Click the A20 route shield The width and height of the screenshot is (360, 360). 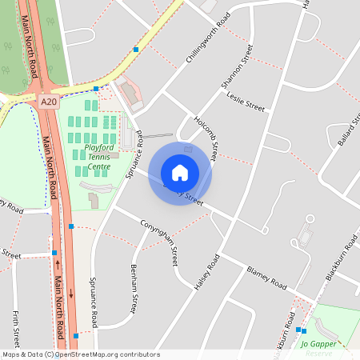click(x=50, y=102)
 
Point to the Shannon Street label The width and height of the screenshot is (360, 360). click(x=237, y=66)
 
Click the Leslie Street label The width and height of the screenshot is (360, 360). click(x=245, y=105)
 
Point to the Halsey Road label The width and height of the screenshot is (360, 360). click(x=206, y=273)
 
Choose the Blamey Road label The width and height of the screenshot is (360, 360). click(x=266, y=278)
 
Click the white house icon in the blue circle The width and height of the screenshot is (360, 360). click(x=180, y=173)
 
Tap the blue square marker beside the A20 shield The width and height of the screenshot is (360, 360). click(x=96, y=88)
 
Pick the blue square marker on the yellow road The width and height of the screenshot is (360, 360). click(x=136, y=50)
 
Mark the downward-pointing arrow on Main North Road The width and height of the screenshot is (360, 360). click(x=71, y=294)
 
